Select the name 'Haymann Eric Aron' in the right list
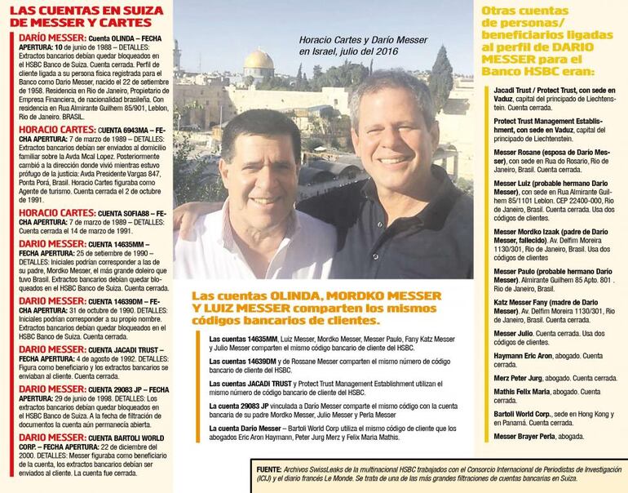click(523, 355)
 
